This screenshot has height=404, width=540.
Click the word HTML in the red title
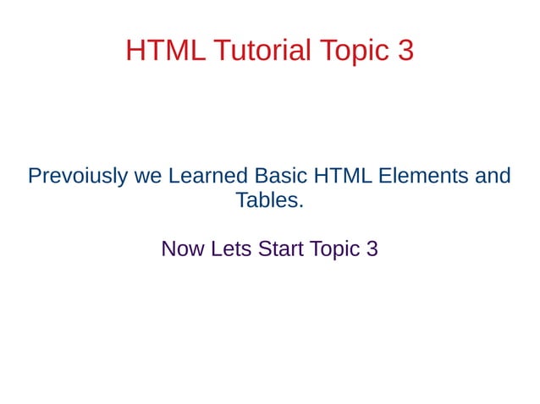[165, 51]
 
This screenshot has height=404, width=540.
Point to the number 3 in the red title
[405, 51]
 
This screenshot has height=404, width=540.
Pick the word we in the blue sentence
[148, 177]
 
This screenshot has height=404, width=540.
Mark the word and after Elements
[493, 177]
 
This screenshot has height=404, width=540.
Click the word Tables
[266, 201]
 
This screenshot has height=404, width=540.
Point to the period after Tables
[300, 207]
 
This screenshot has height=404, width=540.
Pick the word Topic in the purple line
[334, 250]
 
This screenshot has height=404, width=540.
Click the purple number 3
[372, 250]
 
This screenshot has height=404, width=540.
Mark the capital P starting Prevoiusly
[35, 177]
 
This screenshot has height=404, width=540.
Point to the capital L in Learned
[174, 177]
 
